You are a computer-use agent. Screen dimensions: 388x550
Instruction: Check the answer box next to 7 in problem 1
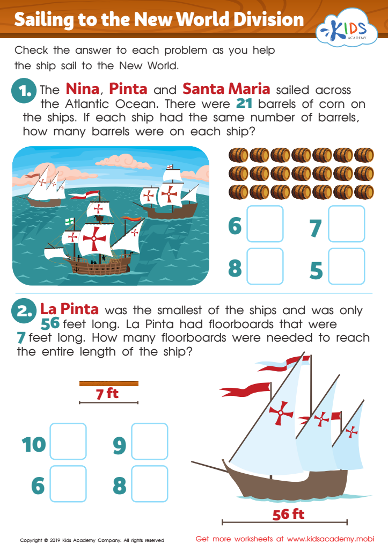pyautogui.click(x=346, y=224)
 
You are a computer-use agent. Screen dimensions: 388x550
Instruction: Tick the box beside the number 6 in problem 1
pyautogui.click(x=265, y=224)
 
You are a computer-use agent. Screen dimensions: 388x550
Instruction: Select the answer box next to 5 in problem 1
pyautogui.click(x=346, y=266)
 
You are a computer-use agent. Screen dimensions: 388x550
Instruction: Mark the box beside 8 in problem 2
pyautogui.click(x=150, y=484)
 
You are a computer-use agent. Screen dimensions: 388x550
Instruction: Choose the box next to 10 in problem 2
pyautogui.click(x=68, y=442)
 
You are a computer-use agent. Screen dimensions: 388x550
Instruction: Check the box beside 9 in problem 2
pyautogui.click(x=150, y=442)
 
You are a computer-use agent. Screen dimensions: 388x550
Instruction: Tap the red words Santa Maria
pyautogui.click(x=226, y=89)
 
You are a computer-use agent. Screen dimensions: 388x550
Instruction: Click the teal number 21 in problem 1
pyautogui.click(x=244, y=104)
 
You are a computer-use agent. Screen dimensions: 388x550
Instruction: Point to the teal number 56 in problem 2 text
pyautogui.click(x=50, y=324)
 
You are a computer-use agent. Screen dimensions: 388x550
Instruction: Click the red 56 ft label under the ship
pyautogui.click(x=289, y=514)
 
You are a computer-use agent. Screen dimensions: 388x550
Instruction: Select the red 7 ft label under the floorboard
pyautogui.click(x=108, y=394)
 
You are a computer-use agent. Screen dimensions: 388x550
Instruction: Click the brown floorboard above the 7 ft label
pyautogui.click(x=108, y=383)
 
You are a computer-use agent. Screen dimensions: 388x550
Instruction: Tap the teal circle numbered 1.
pyautogui.click(x=24, y=91)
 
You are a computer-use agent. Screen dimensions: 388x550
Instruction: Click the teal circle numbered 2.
pyautogui.click(x=24, y=311)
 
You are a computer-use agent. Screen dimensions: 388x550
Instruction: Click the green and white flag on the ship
pyautogui.click(x=70, y=221)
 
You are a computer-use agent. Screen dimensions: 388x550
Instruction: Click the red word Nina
pyautogui.click(x=83, y=89)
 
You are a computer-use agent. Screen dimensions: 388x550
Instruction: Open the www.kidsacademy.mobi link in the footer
pyautogui.click(x=331, y=539)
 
